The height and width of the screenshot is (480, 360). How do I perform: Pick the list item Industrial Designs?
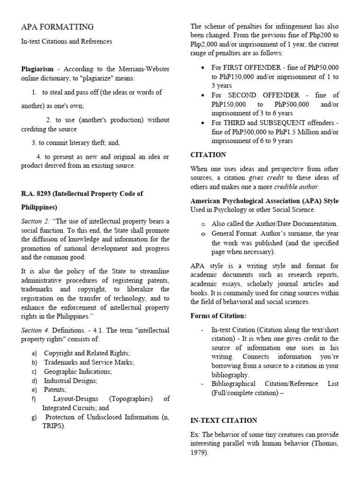click(71, 381)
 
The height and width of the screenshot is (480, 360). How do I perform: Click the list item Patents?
click(55, 390)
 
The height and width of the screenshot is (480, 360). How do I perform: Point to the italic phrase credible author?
click(296, 187)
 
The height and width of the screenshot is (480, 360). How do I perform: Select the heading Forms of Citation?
click(218, 316)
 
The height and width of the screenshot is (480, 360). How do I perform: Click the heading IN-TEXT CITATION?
click(224, 420)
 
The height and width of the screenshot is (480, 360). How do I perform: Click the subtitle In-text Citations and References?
click(67, 41)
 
